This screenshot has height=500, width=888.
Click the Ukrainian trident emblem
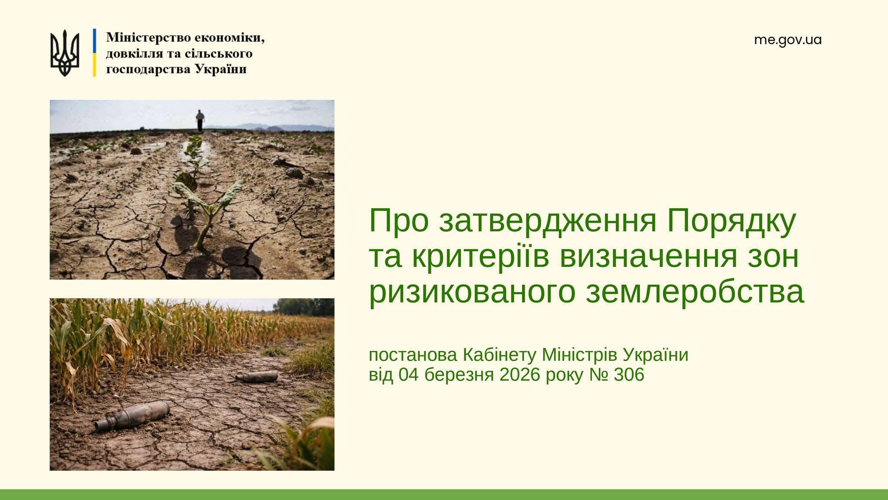(x=65, y=53)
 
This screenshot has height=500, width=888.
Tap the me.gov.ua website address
(x=788, y=40)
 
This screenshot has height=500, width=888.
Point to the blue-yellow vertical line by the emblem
(x=94, y=53)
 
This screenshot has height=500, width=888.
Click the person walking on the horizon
(x=199, y=120)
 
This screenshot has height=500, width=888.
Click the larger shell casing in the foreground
(x=132, y=415)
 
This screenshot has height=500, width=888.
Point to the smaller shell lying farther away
(x=257, y=376)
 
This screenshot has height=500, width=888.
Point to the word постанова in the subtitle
(x=413, y=355)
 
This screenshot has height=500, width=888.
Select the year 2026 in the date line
(x=520, y=375)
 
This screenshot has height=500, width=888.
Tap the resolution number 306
(x=629, y=375)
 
